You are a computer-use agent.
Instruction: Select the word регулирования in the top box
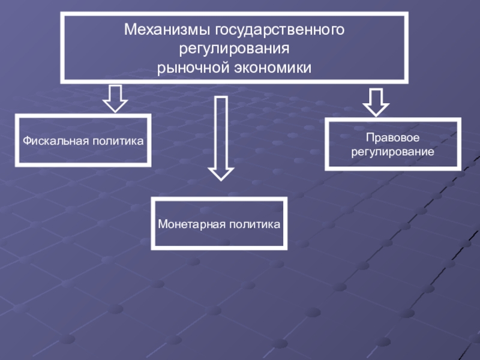235,48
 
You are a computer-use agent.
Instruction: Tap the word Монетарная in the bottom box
187,224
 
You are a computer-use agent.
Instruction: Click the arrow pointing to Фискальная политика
115,98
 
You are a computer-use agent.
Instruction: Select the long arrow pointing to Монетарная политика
221,138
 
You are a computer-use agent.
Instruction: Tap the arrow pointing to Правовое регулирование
376,101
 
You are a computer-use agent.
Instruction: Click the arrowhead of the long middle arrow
221,173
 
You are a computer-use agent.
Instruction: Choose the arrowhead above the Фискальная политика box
115,106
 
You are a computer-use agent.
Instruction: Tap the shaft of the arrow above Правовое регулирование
376,95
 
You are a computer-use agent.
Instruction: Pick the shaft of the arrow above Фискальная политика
115,92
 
